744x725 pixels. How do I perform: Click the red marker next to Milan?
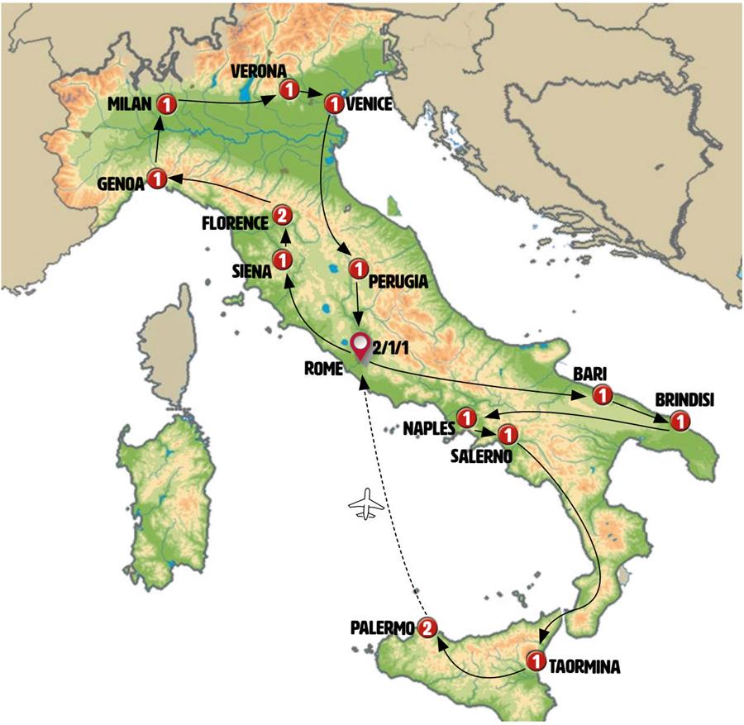pos(165,104)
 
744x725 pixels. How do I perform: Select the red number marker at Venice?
pos(334,104)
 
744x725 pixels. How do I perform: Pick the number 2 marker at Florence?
pos(282,217)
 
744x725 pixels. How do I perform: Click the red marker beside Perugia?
pos(358,269)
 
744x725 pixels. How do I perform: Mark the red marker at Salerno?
pos(508,433)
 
